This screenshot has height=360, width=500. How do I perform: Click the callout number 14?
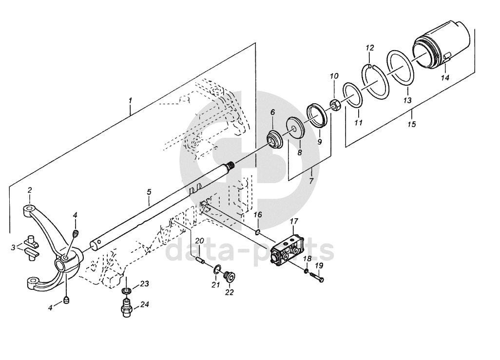coord(445,77)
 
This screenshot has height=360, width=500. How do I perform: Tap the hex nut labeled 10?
coord(335,105)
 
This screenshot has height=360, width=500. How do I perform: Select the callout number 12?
coord(369,48)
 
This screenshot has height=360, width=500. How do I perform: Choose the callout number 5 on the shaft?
coord(149,192)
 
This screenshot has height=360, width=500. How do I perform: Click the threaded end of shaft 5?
coord(230,166)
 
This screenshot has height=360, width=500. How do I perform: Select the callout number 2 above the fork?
coord(30,190)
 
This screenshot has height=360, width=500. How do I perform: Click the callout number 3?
coord(13,247)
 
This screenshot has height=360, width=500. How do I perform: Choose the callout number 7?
coord(311,181)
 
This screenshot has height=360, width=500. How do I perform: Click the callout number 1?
coord(130,100)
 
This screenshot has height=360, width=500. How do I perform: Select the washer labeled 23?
coord(127,291)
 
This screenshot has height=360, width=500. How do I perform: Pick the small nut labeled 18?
coord(306,271)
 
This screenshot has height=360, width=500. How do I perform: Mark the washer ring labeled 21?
coord(216,270)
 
